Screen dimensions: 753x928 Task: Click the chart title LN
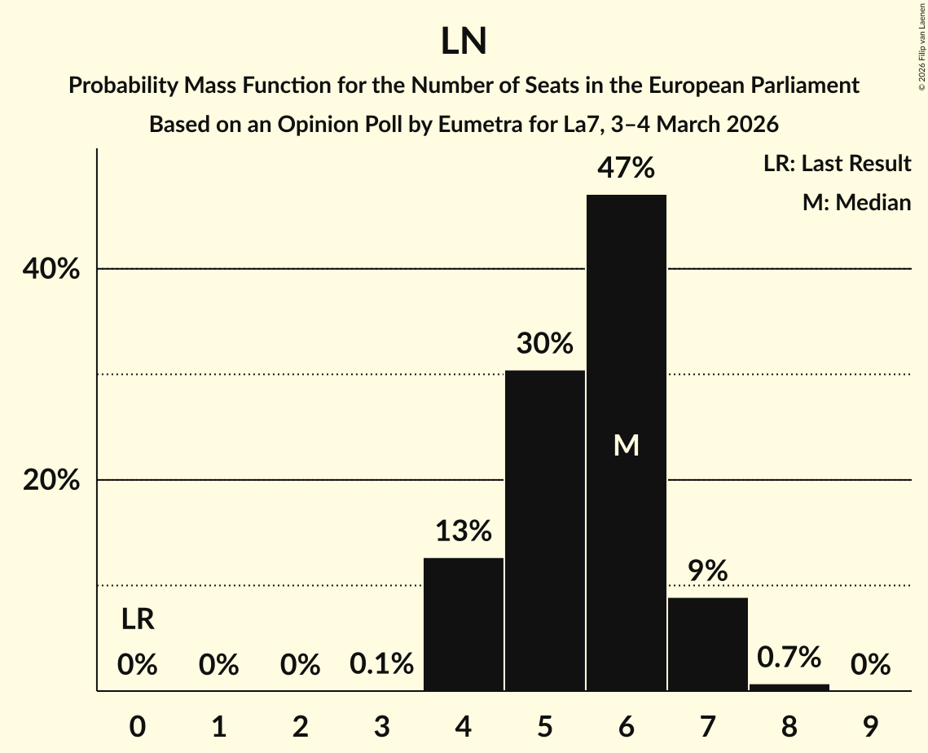tap(464, 42)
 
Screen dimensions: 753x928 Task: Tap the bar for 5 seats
tap(545, 530)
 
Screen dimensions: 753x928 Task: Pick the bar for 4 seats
tap(464, 624)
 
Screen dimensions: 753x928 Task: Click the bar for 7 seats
tap(708, 644)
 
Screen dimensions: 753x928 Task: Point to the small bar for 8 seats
tap(789, 687)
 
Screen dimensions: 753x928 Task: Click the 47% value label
tap(627, 168)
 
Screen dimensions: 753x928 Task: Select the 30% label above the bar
tap(545, 343)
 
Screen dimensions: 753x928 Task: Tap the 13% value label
tap(464, 531)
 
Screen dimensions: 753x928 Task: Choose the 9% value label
tap(708, 571)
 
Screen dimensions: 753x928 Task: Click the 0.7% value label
tap(789, 656)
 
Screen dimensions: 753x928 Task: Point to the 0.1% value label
tap(382, 665)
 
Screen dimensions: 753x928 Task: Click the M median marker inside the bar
tap(627, 445)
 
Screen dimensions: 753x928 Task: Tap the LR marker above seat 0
tap(138, 620)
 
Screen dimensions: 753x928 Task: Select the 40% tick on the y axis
tap(51, 269)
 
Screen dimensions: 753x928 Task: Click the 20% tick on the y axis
tap(51, 481)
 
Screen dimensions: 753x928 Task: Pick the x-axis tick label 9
tap(871, 725)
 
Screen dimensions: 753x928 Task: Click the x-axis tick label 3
tap(382, 725)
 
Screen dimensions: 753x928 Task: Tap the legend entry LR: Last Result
tap(837, 164)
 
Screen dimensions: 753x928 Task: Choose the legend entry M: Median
tap(856, 202)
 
